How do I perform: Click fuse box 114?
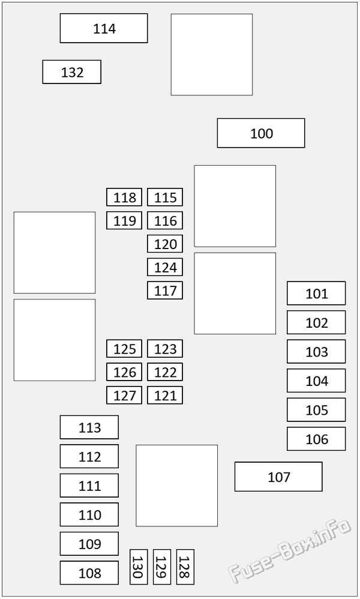pos(104,28)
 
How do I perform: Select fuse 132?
pos(72,72)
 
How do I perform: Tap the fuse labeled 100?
pos(261,133)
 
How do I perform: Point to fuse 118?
pos(124,197)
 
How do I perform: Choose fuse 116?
pos(165,220)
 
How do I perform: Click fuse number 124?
pos(165,267)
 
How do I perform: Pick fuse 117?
pos(165,290)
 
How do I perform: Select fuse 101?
pos(316,293)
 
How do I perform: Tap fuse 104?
pos(316,381)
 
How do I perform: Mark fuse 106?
pos(316,439)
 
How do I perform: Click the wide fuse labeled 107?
pos(278,477)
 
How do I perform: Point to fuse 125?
pos(124,349)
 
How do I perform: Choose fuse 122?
pos(165,372)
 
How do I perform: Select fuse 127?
pos(124,396)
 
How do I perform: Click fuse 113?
pos(89,427)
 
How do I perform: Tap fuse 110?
pos(89,514)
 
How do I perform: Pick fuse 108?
pos(89,573)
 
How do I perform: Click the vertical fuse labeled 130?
pos(139,567)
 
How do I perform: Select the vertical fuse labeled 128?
pos(185,567)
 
